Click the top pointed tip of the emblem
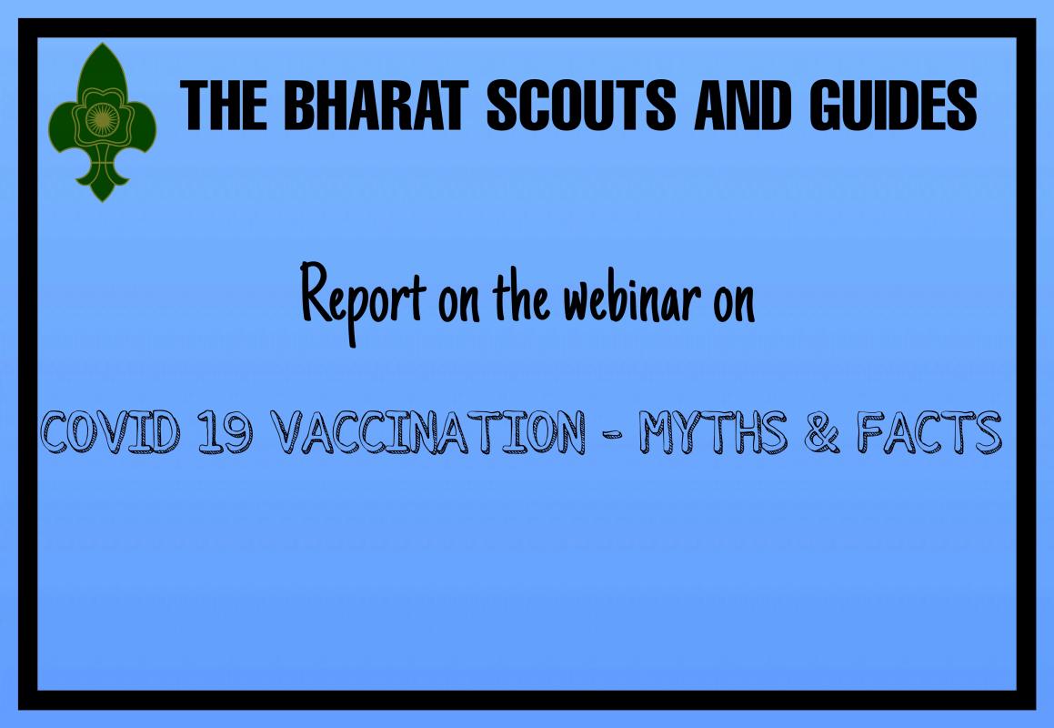coord(102,45)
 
